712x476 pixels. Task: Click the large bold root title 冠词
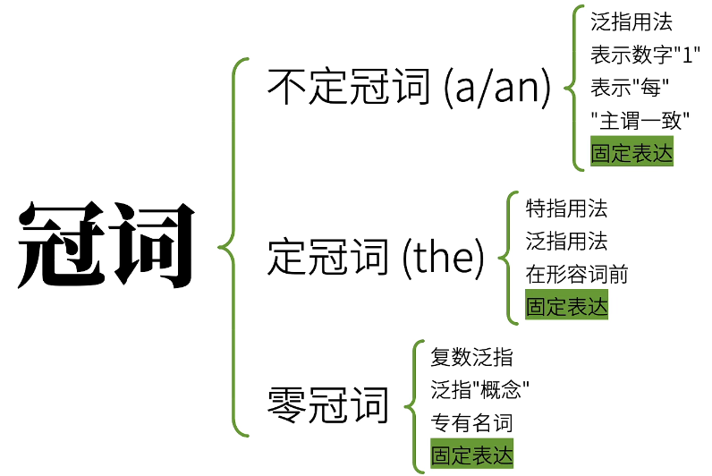coord(106,246)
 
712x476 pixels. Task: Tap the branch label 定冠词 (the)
coord(376,258)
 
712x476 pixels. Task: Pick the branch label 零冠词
coord(328,405)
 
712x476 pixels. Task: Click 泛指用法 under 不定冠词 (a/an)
coord(631,22)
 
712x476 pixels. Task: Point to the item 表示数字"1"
coord(644,55)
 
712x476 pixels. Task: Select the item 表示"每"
coord(631,88)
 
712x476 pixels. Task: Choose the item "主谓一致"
coord(643,120)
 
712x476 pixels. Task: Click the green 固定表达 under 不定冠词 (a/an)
coord(631,153)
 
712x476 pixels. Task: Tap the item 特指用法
coord(566,208)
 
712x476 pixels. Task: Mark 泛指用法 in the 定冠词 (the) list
coord(566,241)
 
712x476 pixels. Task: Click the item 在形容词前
coord(576,274)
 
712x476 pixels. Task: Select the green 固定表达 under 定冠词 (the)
coord(566,307)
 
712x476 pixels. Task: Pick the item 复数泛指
coord(471,357)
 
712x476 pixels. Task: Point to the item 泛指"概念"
coord(479,389)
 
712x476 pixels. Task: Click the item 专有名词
coord(471,422)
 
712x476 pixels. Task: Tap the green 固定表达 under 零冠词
coord(471,455)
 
